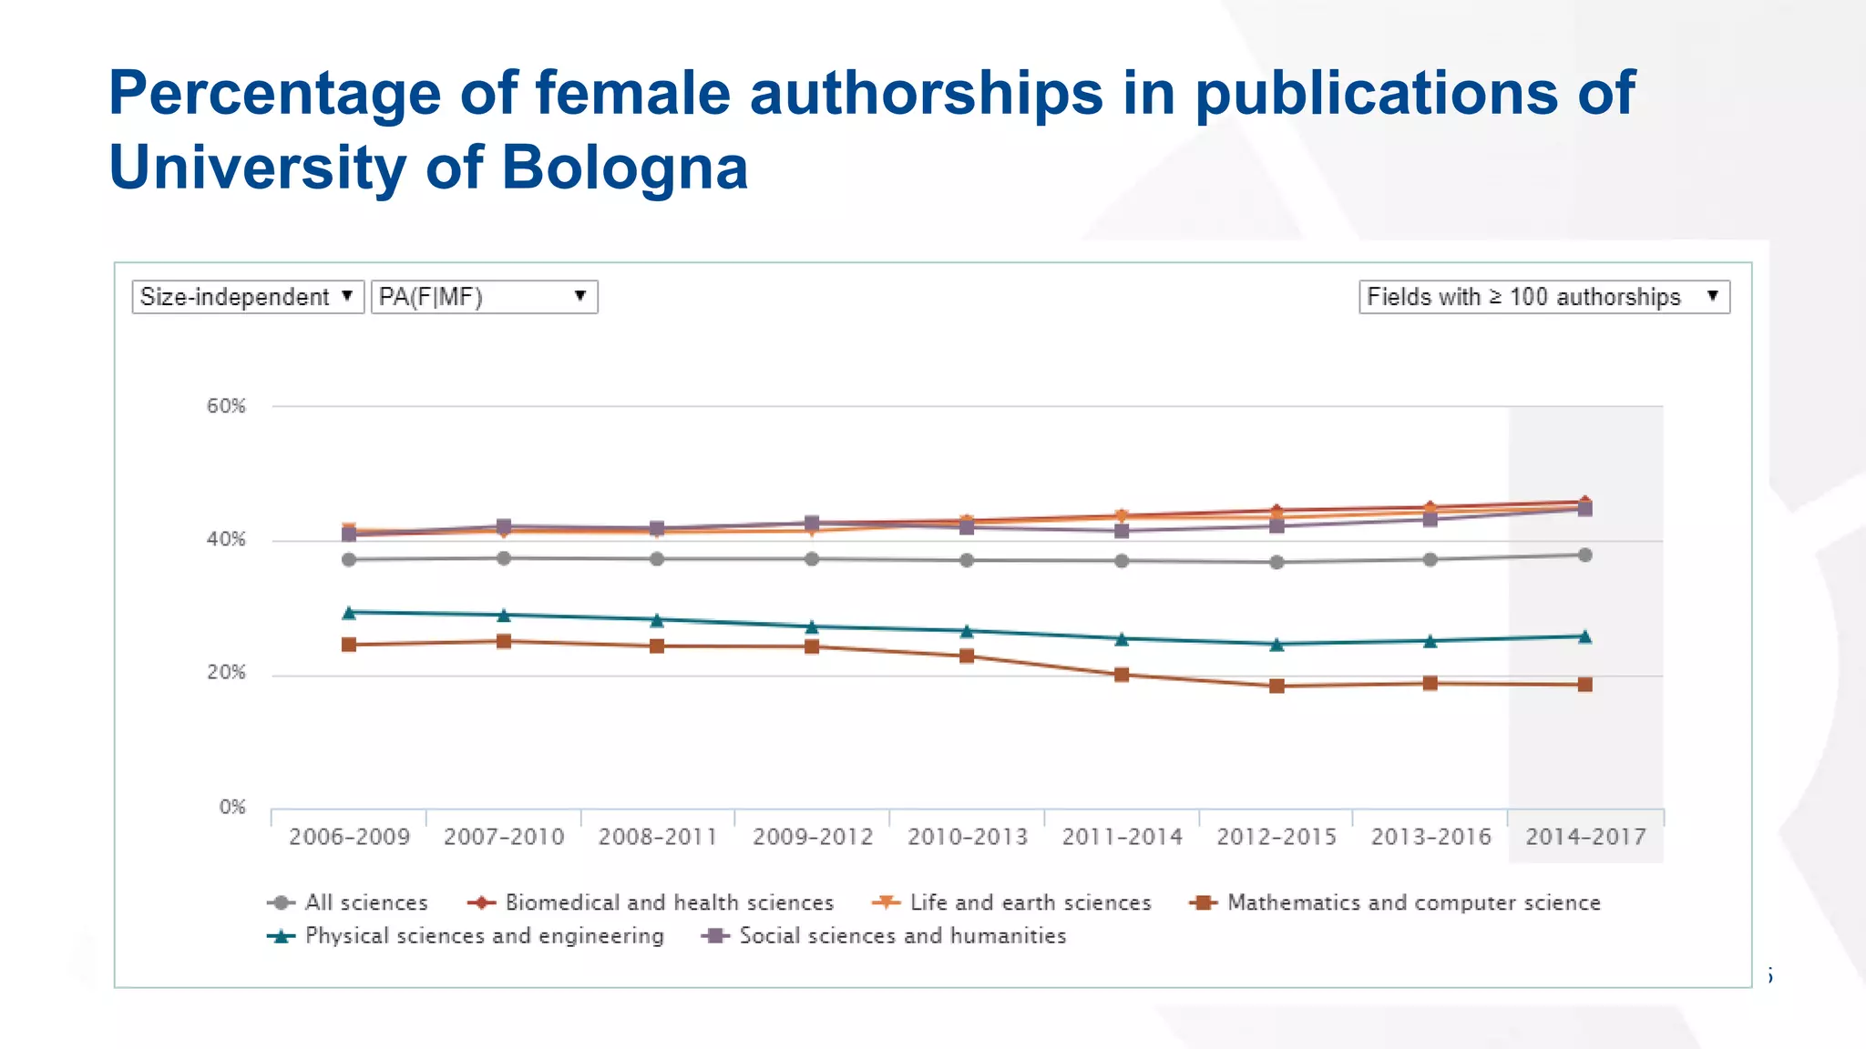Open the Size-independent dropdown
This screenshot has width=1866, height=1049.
(x=247, y=297)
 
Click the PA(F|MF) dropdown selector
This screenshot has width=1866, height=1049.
(x=484, y=297)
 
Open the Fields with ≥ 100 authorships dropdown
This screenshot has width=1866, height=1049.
(x=1543, y=297)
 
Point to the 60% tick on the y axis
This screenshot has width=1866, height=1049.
(x=226, y=406)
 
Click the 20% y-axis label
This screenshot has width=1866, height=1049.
(x=226, y=673)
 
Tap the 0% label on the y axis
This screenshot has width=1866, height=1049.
(x=232, y=807)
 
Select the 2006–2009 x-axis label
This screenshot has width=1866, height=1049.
(x=349, y=837)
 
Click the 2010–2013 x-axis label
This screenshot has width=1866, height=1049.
(x=968, y=837)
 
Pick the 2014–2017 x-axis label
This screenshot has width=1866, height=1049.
(x=1585, y=837)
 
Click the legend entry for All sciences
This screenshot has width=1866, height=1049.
(x=365, y=902)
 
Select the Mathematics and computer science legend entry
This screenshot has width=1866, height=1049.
(x=1413, y=902)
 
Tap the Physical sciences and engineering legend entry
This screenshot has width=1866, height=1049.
(x=484, y=936)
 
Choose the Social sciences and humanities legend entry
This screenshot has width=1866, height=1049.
(x=902, y=936)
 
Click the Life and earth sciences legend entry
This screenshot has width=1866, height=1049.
(x=1030, y=902)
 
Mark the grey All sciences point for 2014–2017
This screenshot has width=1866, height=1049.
(x=1585, y=555)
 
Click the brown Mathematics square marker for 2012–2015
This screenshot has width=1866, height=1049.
(x=1276, y=686)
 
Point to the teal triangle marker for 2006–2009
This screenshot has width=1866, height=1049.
(x=349, y=613)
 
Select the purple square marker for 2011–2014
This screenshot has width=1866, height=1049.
(x=1122, y=531)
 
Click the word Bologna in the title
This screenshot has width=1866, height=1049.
(x=624, y=168)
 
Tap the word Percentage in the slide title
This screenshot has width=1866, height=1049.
(x=274, y=94)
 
